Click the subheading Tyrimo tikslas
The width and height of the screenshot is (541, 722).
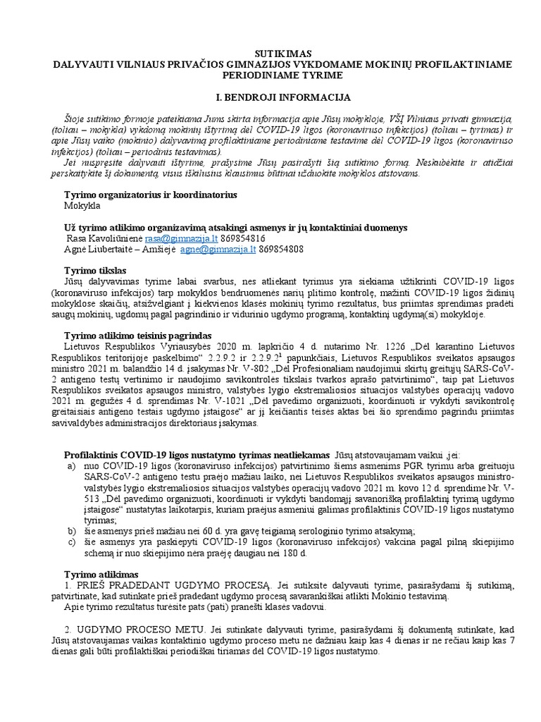coord(95,271)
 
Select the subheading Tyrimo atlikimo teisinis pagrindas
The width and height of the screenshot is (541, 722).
coord(139,336)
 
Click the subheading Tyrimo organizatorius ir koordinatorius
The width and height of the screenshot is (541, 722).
coord(151,195)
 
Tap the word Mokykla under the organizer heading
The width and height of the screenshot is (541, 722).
coord(82,206)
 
